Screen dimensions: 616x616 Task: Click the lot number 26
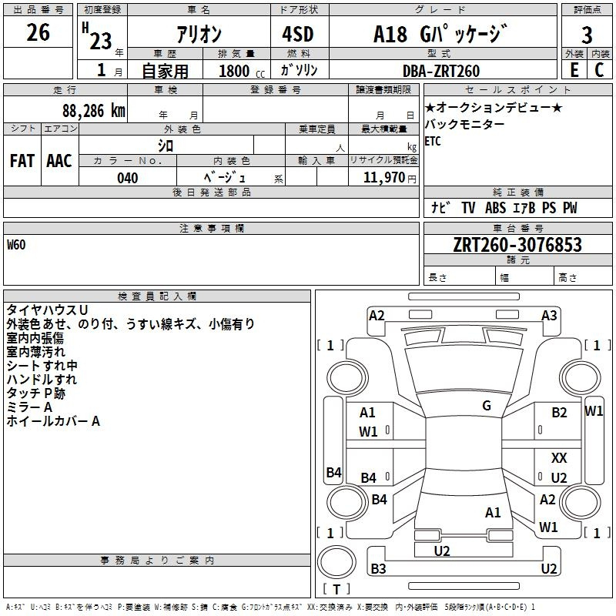tap(38, 32)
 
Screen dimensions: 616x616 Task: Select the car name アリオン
tap(199, 35)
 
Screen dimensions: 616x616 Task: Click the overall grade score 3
tap(587, 35)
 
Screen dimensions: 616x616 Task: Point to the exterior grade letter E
tap(574, 69)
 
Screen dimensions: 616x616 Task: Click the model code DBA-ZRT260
tap(441, 71)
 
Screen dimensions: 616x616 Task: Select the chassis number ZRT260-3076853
tap(506, 245)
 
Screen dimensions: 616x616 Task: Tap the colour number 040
tap(128, 178)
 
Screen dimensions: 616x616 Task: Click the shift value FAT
tap(22, 161)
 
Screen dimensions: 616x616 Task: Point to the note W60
tap(16, 245)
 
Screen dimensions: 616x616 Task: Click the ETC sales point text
tap(433, 141)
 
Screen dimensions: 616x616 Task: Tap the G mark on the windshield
tap(486, 406)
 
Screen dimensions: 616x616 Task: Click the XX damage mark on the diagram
tap(559, 458)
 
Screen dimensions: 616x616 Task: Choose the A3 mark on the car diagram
tap(549, 315)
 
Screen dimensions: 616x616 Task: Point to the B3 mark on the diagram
tap(378, 568)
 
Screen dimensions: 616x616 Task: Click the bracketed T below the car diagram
tap(336, 590)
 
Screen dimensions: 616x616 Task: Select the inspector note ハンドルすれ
tap(42, 380)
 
